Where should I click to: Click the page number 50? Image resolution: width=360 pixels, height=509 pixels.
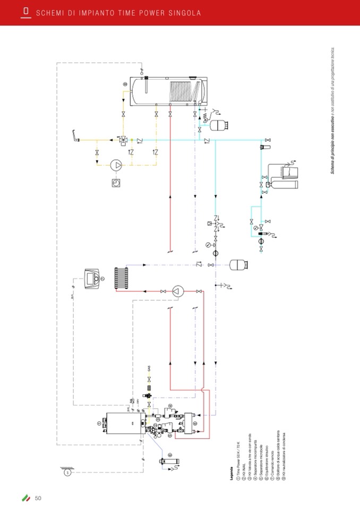pos(38,497)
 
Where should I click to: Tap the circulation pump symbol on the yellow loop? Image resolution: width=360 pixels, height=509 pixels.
pos(116,165)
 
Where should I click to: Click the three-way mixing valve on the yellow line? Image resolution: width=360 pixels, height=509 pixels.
pos(123,140)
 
